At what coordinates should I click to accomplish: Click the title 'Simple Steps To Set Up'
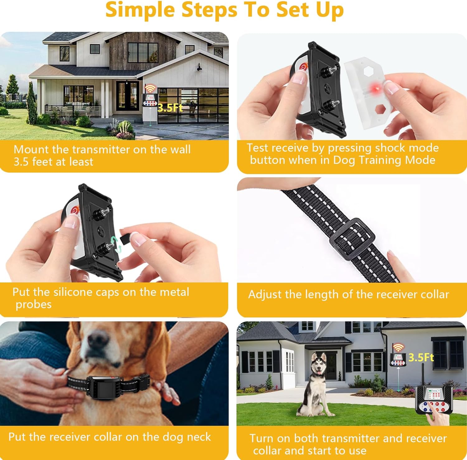point(224,10)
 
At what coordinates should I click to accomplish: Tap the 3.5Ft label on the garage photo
point(170,108)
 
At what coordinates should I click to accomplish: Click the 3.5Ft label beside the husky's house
point(421,357)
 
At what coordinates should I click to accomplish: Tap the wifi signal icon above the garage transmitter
point(150,88)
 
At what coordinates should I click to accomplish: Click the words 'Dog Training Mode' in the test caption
point(384,160)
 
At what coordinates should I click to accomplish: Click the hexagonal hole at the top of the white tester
point(369,71)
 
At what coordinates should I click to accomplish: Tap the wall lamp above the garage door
point(199,67)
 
